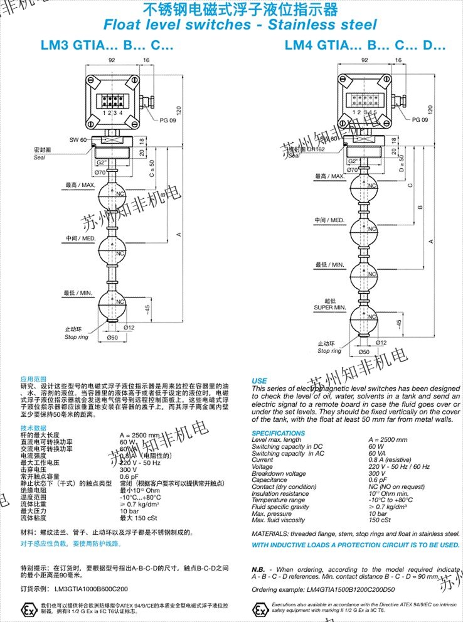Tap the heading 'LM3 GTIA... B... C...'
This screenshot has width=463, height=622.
click(106, 46)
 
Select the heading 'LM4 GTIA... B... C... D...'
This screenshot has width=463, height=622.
click(365, 46)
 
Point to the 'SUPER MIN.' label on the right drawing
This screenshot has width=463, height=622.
click(330, 308)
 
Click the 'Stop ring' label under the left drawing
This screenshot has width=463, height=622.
click(76, 337)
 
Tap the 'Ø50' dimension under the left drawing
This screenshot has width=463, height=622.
click(113, 338)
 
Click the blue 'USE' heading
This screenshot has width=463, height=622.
click(259, 381)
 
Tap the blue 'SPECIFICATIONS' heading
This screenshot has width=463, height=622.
click(279, 433)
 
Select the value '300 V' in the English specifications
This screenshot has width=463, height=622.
click(377, 474)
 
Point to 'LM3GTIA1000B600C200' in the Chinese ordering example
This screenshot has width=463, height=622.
click(91, 589)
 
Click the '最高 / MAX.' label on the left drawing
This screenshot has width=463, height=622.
click(79, 186)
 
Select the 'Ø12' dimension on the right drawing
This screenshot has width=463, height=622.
click(380, 342)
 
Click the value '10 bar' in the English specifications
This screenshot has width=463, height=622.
click(378, 514)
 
